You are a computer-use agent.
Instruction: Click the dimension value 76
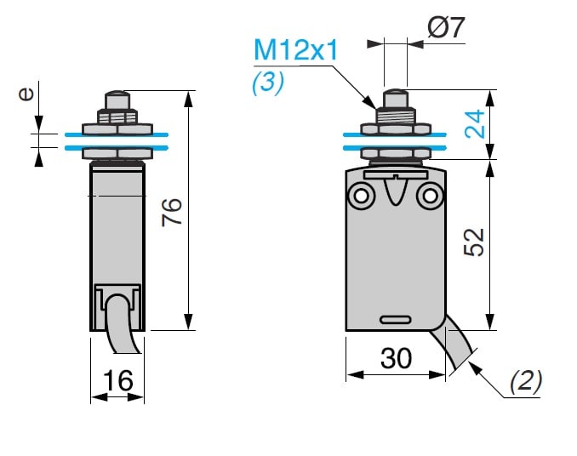pyautogui.click(x=172, y=212)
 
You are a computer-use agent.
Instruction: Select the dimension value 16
pyautogui.click(x=118, y=380)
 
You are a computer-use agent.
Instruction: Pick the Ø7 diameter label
pyautogui.click(x=446, y=30)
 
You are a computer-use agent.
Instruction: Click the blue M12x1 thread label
pyautogui.click(x=296, y=49)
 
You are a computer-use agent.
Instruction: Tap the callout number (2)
pyautogui.click(x=525, y=381)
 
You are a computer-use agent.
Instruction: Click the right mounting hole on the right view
pyautogui.click(x=431, y=197)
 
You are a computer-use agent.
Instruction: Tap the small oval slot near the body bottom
pyautogui.click(x=397, y=320)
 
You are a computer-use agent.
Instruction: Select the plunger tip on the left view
pyautogui.click(x=117, y=96)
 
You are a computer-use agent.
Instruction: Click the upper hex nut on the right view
pyautogui.click(x=395, y=129)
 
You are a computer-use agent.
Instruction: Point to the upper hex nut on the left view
pyautogui.click(x=117, y=129)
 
